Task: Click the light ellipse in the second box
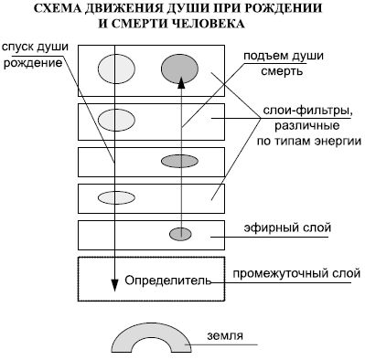tap(116, 120)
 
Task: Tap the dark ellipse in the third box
tap(180, 162)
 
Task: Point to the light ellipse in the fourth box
tap(116, 196)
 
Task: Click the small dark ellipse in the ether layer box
tap(180, 234)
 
